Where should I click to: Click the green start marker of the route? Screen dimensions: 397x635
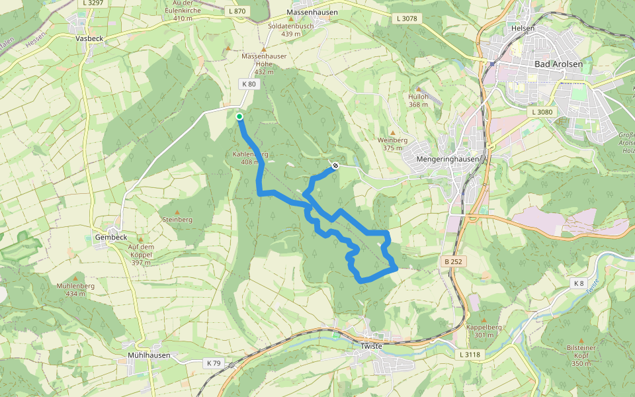click(239, 116)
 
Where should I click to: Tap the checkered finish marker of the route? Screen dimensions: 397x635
click(335, 165)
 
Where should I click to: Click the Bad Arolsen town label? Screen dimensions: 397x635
click(560, 64)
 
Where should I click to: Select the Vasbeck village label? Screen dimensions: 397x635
click(90, 39)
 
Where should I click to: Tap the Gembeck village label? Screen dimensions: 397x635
click(110, 237)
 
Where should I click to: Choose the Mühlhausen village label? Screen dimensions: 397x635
click(149, 355)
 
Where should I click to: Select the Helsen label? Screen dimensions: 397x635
click(523, 28)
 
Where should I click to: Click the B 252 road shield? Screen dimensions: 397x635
click(453, 262)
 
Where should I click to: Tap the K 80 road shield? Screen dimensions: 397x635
click(249, 84)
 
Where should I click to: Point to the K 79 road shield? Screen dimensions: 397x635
click(213, 363)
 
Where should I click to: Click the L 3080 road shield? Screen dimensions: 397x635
click(541, 112)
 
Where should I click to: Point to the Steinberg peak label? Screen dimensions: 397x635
click(177, 219)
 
